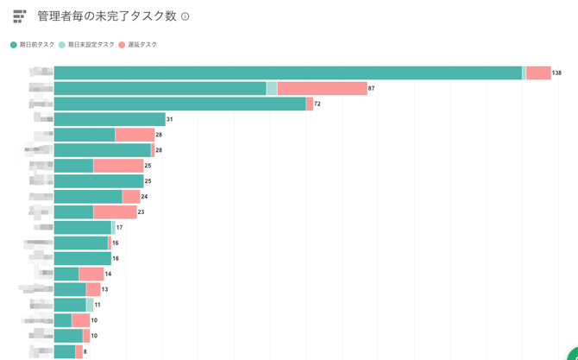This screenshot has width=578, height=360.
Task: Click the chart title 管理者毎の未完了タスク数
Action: (x=108, y=16)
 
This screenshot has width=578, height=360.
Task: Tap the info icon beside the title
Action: (x=185, y=16)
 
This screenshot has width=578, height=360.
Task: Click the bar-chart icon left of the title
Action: (x=19, y=16)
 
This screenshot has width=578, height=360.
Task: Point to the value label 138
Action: (x=557, y=73)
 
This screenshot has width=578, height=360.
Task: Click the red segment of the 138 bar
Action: (x=538, y=73)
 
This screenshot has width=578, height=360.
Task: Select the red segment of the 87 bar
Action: (x=322, y=88)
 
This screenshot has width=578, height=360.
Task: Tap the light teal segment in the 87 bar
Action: (x=272, y=88)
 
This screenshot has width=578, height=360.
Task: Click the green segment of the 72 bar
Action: (x=179, y=104)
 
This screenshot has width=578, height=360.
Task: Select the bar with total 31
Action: (x=109, y=119)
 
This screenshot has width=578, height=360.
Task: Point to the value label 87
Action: (x=372, y=89)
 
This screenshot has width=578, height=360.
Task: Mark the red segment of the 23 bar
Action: (x=115, y=212)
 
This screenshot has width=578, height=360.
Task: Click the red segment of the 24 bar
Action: (x=131, y=196)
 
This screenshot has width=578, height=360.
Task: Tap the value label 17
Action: (x=119, y=227)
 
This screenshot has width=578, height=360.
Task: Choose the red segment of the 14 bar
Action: (x=91, y=274)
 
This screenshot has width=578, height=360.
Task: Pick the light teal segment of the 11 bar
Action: (x=90, y=305)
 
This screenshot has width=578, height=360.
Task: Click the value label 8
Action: (x=85, y=351)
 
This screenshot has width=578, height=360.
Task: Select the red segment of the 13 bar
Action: (x=93, y=289)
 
